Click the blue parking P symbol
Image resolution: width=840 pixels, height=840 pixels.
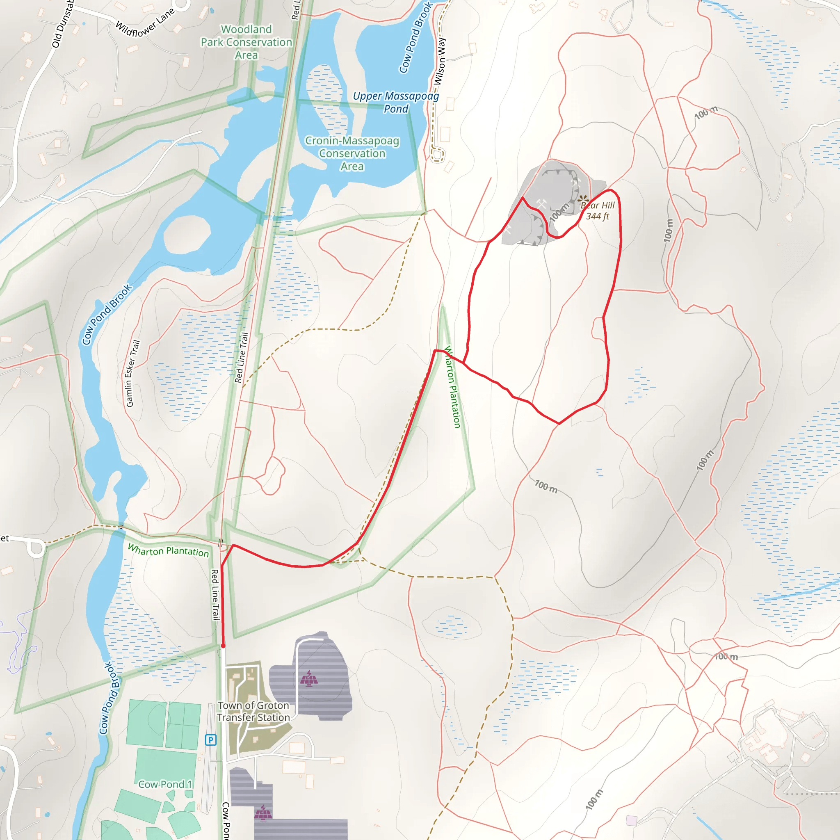pyautogui.click(x=211, y=740)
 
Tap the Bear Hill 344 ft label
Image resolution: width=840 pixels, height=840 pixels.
pyautogui.click(x=598, y=211)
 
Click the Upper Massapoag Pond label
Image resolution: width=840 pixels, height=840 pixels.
pyautogui.click(x=396, y=102)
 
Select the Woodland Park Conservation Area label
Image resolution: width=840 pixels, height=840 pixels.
pyautogui.click(x=246, y=42)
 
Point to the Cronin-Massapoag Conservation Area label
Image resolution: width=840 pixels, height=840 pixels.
pyautogui.click(x=352, y=153)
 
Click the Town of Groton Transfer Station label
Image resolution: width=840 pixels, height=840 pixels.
pyautogui.click(x=253, y=711)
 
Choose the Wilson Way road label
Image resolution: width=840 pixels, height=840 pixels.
pyautogui.click(x=440, y=61)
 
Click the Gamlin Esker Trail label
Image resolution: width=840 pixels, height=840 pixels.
pyautogui.click(x=132, y=374)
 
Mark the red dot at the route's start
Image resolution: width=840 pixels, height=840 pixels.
pyautogui.click(x=223, y=646)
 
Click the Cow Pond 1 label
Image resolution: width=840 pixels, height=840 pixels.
pyautogui.click(x=165, y=784)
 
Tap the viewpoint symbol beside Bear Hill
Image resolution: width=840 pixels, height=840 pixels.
pyautogui.click(x=583, y=200)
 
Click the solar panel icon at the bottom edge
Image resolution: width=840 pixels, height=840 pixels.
pyautogui.click(x=263, y=813)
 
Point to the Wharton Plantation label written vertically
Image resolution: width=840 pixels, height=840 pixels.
pyautogui.click(x=453, y=387)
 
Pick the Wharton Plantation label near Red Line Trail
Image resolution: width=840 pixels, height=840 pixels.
pyautogui.click(x=168, y=550)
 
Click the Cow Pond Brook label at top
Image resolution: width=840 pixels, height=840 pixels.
pyautogui.click(x=415, y=37)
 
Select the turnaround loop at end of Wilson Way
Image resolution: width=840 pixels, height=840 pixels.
pyautogui.click(x=437, y=154)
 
